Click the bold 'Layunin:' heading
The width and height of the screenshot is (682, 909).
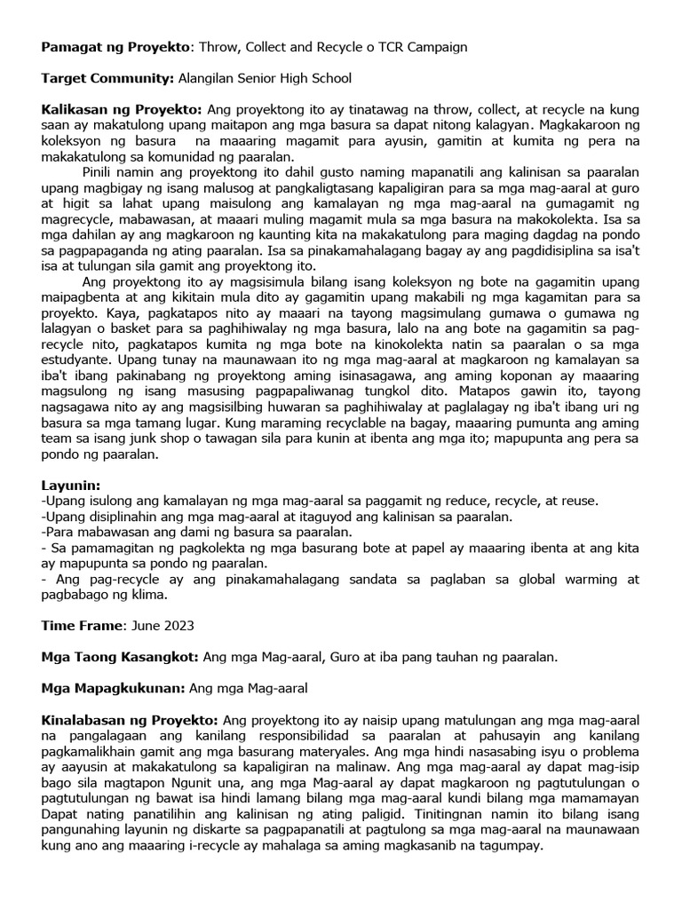(x=71, y=486)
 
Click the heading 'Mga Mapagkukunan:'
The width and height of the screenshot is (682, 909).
(x=113, y=688)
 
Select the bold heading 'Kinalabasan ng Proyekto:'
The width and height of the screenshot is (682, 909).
(x=130, y=718)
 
